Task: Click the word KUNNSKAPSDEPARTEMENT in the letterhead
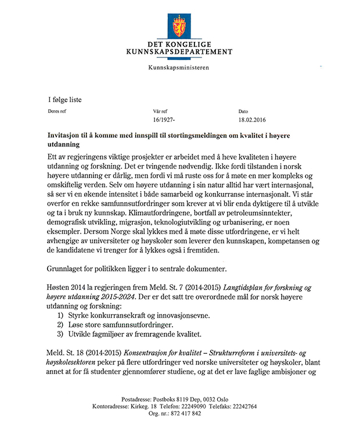click(x=179, y=52)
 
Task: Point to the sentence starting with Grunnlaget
click(x=137, y=268)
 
